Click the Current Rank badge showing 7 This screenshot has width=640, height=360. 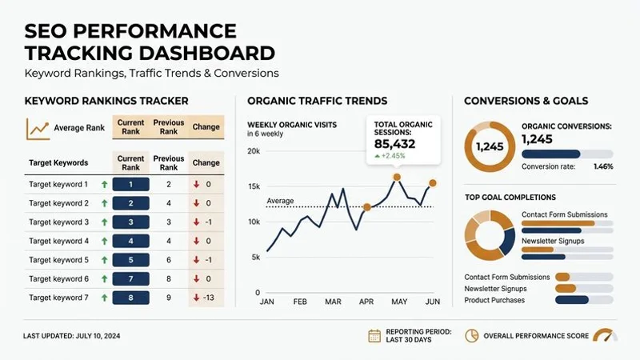(131, 278)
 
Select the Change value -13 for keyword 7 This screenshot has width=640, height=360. (206, 298)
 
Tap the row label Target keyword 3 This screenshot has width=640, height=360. (58, 222)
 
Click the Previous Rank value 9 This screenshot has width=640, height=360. (168, 298)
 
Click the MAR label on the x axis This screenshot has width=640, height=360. (333, 302)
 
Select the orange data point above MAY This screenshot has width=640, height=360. (397, 177)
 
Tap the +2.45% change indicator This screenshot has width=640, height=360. (396, 158)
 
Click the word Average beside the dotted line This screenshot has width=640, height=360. (280, 201)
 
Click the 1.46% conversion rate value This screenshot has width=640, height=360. (603, 166)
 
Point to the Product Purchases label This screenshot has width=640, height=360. (494, 300)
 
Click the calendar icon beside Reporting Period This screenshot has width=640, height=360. (374, 336)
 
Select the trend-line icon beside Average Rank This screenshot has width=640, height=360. (38, 128)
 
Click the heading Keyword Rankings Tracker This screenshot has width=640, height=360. (106, 101)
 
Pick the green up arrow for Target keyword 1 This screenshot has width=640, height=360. (104, 184)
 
